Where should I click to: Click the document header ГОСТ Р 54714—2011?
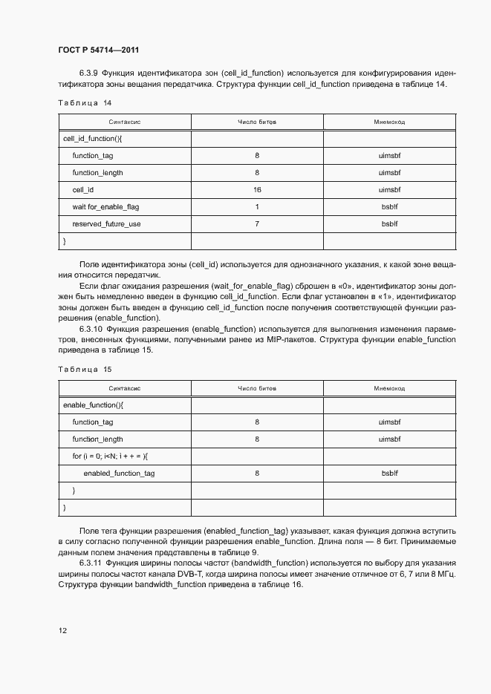tap(98, 50)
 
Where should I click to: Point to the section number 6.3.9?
tap(89, 73)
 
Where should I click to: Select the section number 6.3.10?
tap(91, 329)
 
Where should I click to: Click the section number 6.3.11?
tap(91, 563)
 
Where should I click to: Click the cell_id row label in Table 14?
tap(83, 190)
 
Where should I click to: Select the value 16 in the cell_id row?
tap(257, 190)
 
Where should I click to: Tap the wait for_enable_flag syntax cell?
tap(105, 207)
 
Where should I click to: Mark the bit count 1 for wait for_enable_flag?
tap(257, 207)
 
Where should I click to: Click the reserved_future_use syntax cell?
tap(106, 224)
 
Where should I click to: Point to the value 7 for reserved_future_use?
tap(257, 224)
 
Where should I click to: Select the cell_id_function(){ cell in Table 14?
tap(93, 139)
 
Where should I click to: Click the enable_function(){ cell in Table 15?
tap(93, 405)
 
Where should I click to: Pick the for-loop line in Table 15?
tap(110, 456)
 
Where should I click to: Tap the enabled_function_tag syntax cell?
tap(119, 473)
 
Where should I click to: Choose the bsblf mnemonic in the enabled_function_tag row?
tap(389, 473)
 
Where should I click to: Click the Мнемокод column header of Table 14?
tap(389, 121)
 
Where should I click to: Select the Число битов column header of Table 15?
tap(257, 387)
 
